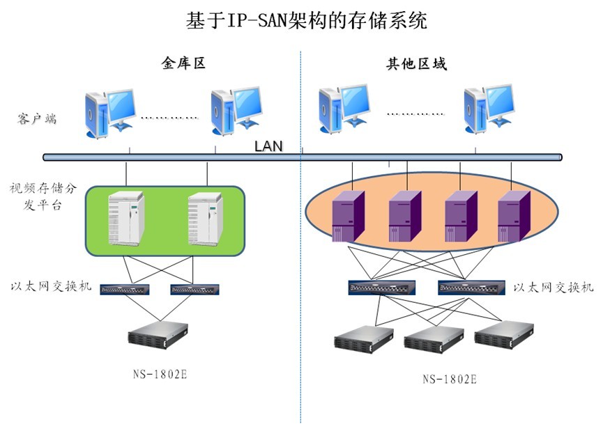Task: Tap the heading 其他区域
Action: pyautogui.click(x=416, y=64)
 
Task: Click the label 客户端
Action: pyautogui.click(x=37, y=118)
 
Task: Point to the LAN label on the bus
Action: pyautogui.click(x=268, y=146)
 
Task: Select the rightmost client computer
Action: pyautogui.click(x=489, y=109)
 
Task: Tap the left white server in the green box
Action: pyautogui.click(x=125, y=219)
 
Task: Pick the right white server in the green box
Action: pyautogui.click(x=206, y=219)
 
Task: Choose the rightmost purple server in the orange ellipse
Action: pyautogui.click(x=514, y=216)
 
